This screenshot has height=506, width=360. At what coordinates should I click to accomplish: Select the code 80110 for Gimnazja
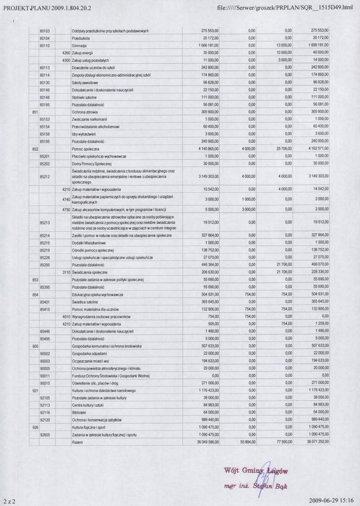click(45, 45)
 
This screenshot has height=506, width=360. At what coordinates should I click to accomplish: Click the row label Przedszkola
click(80, 38)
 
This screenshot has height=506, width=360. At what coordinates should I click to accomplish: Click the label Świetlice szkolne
click(85, 301)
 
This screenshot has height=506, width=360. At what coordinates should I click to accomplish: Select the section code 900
click(35, 346)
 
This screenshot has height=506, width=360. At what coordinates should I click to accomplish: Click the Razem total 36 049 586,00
click(206, 442)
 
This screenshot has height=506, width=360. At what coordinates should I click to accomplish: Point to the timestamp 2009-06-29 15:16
click(334, 500)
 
